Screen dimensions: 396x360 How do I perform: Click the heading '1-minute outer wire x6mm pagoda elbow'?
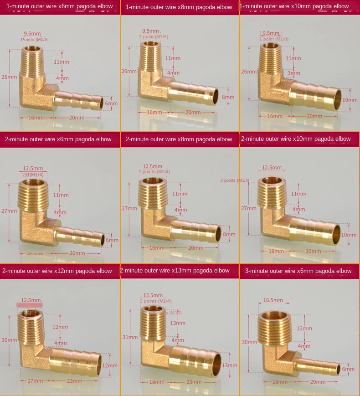pos(59,6)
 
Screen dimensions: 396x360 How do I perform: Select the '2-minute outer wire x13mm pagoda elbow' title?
pos(175,270)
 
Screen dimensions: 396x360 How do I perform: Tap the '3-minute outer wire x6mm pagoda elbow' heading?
pos(298,271)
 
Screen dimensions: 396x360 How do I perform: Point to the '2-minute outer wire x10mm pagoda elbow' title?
pos(296,139)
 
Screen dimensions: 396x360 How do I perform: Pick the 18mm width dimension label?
pos(154,382)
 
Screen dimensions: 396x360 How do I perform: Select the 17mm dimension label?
pos(32,381)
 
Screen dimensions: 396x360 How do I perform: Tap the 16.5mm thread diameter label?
pos(273,300)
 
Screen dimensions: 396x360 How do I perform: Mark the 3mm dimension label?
pos(294,73)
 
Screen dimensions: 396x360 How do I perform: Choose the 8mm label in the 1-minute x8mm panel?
pos(228,97)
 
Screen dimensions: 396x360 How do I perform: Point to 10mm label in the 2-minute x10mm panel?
pos(350,235)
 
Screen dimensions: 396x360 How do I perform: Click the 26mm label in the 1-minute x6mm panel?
pos(9,77)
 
